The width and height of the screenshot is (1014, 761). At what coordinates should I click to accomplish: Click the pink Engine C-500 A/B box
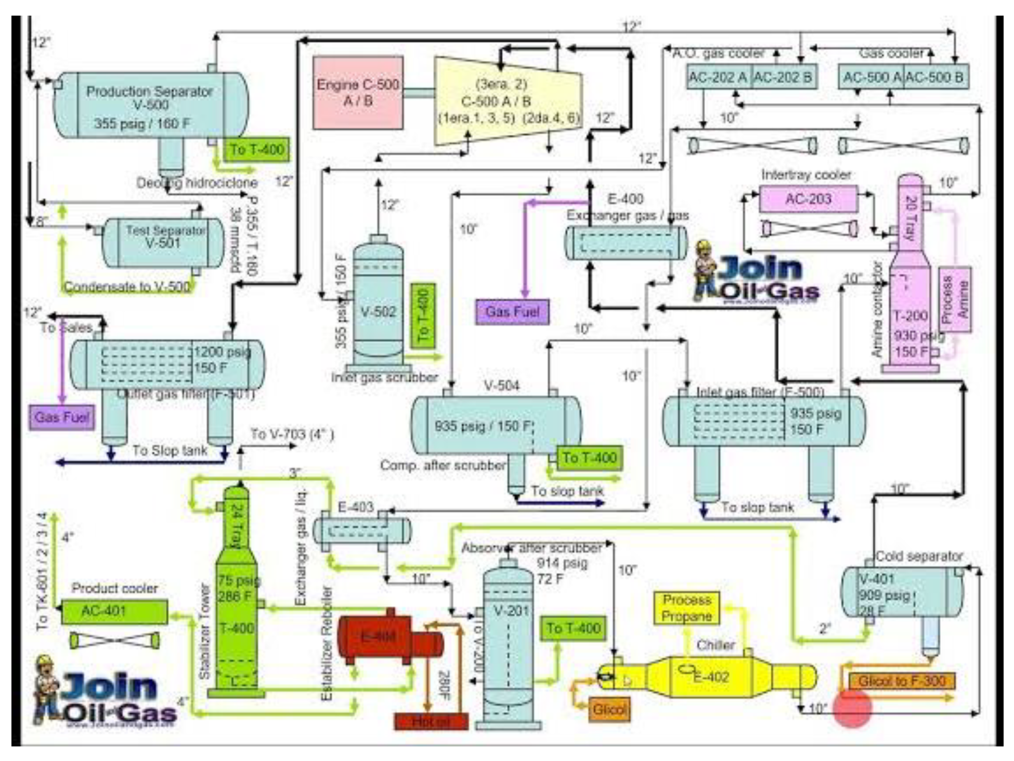coord(358,93)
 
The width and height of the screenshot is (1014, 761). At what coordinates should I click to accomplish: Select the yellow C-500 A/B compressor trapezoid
coord(507,102)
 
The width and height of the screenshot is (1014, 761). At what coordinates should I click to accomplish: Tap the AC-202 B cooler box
coord(783,78)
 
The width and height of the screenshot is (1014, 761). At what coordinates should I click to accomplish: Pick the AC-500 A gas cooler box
coord(872,78)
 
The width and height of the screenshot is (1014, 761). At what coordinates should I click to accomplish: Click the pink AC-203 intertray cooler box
coord(808,199)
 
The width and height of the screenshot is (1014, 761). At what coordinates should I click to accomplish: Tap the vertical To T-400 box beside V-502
coord(423,315)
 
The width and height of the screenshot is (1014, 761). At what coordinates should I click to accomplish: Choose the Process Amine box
coord(955,299)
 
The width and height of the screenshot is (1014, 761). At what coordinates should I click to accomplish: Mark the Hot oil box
coord(431,721)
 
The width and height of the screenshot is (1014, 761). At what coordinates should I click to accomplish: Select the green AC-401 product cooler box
coord(114,612)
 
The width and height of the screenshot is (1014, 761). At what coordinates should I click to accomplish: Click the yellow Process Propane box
coord(686,608)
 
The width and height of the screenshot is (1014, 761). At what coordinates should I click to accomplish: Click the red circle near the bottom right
coord(852,708)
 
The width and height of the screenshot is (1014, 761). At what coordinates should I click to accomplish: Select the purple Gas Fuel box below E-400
coord(512,312)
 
